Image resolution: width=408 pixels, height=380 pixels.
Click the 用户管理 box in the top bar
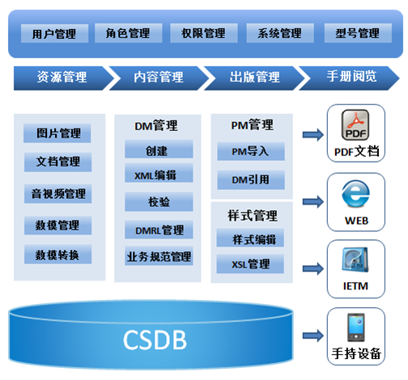point(54,33)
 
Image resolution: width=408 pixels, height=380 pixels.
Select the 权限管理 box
point(204,33)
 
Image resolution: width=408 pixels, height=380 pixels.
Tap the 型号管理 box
point(358,33)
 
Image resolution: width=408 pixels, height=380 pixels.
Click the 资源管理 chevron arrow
point(64,78)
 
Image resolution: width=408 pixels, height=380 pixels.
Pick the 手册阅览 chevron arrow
point(349,78)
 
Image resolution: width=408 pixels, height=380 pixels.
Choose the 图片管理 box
point(57,133)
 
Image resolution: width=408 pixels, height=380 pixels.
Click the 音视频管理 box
point(57,193)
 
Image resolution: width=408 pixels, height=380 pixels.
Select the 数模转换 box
point(57,254)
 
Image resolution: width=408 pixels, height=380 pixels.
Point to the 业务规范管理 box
point(159,255)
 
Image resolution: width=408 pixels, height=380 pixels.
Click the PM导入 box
point(251,151)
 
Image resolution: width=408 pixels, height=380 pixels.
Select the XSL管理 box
point(250,264)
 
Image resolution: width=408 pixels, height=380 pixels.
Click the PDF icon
point(355,125)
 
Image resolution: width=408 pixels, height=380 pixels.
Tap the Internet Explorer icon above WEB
point(355,194)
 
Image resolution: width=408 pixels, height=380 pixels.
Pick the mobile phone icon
point(356,327)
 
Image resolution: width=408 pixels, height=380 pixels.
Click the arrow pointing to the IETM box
point(313,268)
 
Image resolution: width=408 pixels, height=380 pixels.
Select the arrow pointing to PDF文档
point(313,134)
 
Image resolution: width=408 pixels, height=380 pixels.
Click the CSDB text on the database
point(155,340)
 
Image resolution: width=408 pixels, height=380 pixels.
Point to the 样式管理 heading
point(253,216)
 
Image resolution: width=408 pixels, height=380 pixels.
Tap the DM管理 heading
point(156,125)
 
